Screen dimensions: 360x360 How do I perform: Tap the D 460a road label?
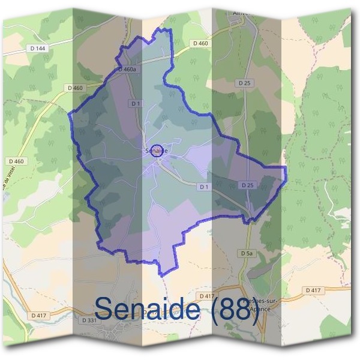(127, 70)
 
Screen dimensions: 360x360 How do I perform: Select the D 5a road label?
(247, 254)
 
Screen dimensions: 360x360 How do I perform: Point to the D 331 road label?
(88, 320)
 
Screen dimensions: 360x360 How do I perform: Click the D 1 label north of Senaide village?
(136, 104)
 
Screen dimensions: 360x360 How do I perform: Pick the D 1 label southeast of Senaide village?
(203, 187)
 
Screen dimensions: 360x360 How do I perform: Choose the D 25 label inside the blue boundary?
(247, 185)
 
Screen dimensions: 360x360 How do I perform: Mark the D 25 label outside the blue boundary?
(244, 83)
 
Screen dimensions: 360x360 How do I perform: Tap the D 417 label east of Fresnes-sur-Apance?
(313, 290)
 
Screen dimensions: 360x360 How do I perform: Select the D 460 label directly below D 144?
(76, 88)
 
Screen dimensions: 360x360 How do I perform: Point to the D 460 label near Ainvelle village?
(200, 43)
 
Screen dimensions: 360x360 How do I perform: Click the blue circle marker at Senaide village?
(157, 151)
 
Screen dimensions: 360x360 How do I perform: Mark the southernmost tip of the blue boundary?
(161, 275)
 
